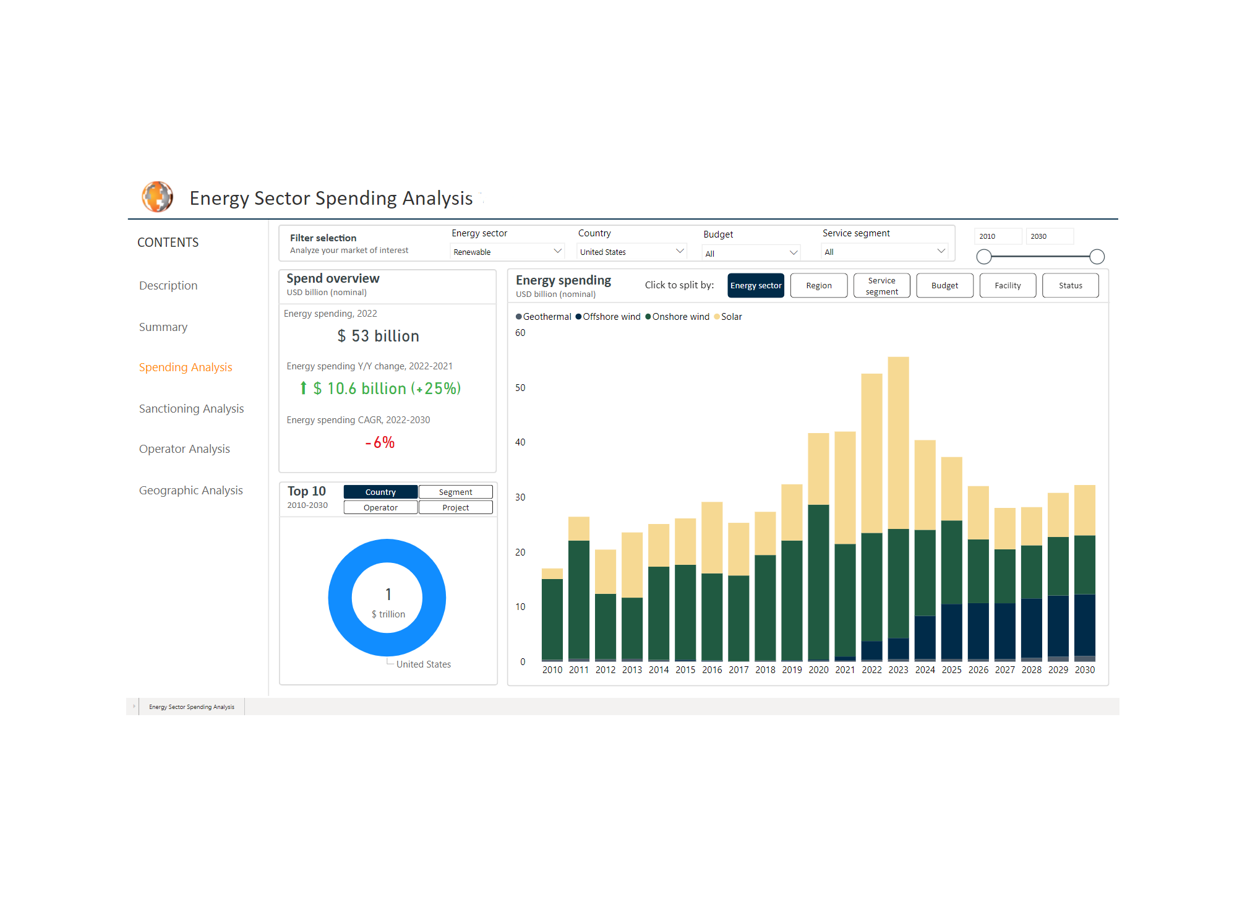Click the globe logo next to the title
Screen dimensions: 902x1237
[x=158, y=197]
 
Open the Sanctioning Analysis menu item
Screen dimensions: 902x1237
[x=191, y=408]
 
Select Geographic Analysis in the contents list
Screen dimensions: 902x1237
[x=190, y=490]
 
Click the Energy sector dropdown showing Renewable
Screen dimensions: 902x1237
[x=507, y=252]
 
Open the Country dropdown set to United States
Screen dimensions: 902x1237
[x=631, y=252]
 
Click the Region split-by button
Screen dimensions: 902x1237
[x=818, y=285]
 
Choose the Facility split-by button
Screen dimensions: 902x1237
[x=1007, y=285]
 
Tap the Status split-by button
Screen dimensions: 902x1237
[x=1070, y=285]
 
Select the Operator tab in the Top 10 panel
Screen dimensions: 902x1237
[x=380, y=507]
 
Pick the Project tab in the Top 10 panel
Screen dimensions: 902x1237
[x=455, y=507]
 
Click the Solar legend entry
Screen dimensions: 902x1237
[x=730, y=317]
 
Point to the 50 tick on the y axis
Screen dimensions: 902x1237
[x=520, y=388]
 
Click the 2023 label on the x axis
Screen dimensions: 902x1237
[x=898, y=669]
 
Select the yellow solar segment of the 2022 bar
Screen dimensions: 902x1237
[x=871, y=452]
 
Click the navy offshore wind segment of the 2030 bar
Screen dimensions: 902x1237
[x=1084, y=625]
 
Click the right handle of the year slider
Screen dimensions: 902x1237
[x=1097, y=256]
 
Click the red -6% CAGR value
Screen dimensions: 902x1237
[x=380, y=442]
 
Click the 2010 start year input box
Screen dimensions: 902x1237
[x=996, y=236]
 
